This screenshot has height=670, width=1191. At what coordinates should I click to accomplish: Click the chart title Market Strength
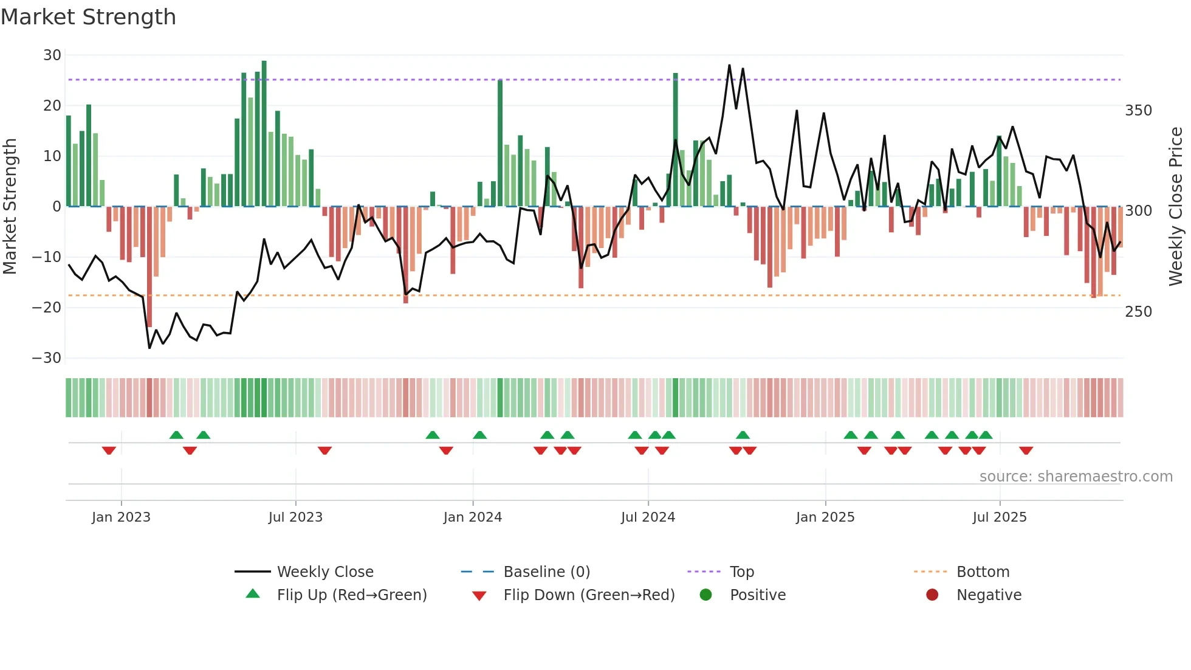pyautogui.click(x=88, y=17)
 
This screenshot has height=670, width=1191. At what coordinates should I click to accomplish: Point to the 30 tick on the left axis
pyautogui.click(x=52, y=55)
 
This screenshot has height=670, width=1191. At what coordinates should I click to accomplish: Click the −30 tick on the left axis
pyautogui.click(x=47, y=358)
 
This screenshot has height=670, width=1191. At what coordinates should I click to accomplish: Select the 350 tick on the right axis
pyautogui.click(x=1138, y=111)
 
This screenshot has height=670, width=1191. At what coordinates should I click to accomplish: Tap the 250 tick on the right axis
pyautogui.click(x=1138, y=312)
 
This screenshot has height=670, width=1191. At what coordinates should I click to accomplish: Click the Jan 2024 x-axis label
pyautogui.click(x=472, y=517)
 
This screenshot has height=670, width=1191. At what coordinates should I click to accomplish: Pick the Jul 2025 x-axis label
pyautogui.click(x=999, y=517)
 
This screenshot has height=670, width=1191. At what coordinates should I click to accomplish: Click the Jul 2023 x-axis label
pyautogui.click(x=295, y=517)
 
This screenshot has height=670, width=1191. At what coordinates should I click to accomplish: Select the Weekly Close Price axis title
pyautogui.click(x=1176, y=207)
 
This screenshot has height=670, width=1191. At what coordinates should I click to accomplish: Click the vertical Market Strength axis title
pyautogui.click(x=10, y=207)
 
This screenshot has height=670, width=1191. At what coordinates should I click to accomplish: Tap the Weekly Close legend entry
pyautogui.click(x=325, y=572)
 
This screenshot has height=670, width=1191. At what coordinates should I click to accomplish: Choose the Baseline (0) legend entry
pyautogui.click(x=546, y=572)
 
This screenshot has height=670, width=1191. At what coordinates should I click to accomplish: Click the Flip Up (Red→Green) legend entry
pyautogui.click(x=351, y=595)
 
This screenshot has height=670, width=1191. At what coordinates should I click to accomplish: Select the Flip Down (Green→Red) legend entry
pyautogui.click(x=588, y=595)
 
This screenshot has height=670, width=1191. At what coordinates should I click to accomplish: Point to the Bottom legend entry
pyautogui.click(x=983, y=572)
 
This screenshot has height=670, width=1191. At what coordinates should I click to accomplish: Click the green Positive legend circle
pyautogui.click(x=705, y=595)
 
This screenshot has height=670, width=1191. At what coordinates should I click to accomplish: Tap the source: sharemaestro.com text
pyautogui.click(x=1076, y=477)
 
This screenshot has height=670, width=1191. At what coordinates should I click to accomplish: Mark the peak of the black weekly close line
pyautogui.click(x=729, y=65)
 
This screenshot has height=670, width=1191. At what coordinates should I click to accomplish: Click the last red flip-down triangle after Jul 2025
pyautogui.click(x=1026, y=451)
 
